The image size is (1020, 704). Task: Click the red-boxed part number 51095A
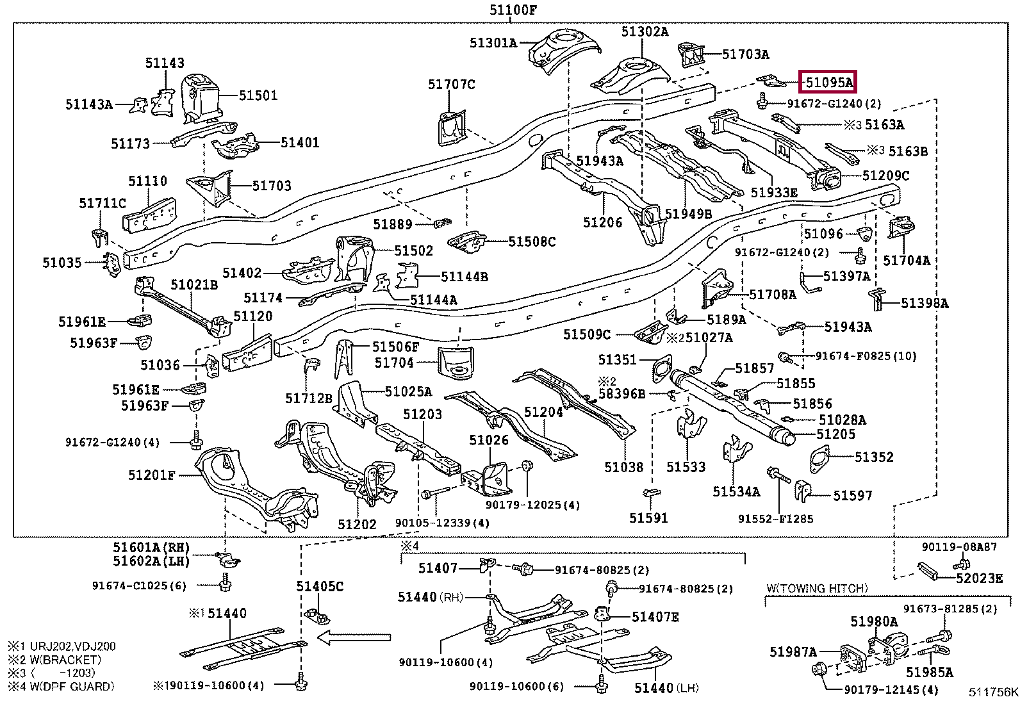(828, 82)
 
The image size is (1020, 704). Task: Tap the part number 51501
(258, 95)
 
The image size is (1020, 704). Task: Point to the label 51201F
(151, 475)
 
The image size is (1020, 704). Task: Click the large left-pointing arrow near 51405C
(354, 637)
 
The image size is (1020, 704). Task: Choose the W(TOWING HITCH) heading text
(817, 588)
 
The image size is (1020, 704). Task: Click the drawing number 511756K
(992, 692)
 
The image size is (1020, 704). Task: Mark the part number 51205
(835, 434)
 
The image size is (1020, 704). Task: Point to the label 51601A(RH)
(152, 548)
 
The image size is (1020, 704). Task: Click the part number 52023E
(979, 578)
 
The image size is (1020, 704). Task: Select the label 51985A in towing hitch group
(929, 673)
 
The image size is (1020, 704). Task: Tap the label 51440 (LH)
(666, 688)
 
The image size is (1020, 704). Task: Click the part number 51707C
(452, 84)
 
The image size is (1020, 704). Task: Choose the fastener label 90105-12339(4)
(442, 523)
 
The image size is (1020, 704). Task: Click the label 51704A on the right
(906, 260)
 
